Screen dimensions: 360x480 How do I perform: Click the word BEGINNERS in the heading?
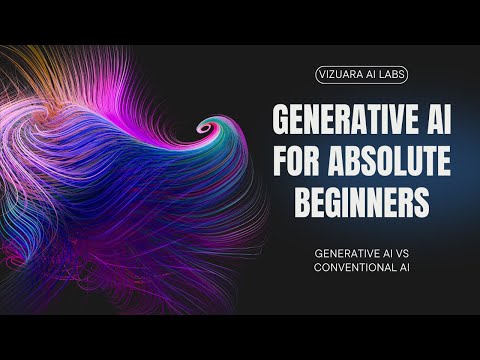pos(361,200)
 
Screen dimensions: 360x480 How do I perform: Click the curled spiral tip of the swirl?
pos(208,128)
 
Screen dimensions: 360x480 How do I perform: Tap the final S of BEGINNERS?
pos(423,200)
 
